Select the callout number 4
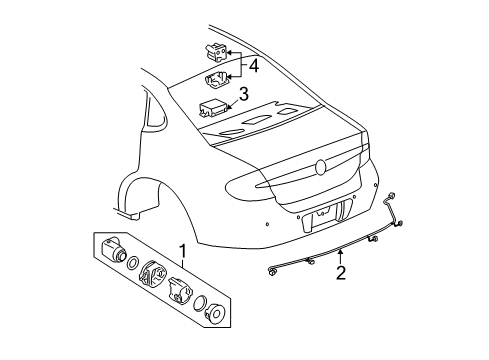(x=254, y=66)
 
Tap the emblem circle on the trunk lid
(x=320, y=167)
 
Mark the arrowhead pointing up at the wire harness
(x=341, y=249)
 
